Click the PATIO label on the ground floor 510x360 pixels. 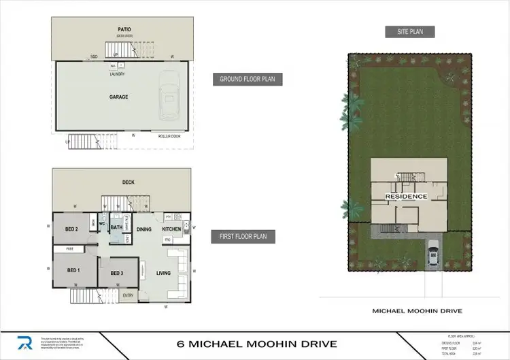123,29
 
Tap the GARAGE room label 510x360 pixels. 118,97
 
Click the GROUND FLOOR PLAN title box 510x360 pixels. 247,79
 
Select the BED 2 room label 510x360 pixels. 72,229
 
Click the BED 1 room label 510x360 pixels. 73,271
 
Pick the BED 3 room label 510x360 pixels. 116,273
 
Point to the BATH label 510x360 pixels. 116,228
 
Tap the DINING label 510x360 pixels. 144,229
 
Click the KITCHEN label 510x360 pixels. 171,229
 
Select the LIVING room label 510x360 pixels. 163,273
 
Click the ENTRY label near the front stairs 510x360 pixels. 128,295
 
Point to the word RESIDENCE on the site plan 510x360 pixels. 407,197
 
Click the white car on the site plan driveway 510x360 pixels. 432,256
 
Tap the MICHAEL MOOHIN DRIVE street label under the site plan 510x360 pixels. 418,311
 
